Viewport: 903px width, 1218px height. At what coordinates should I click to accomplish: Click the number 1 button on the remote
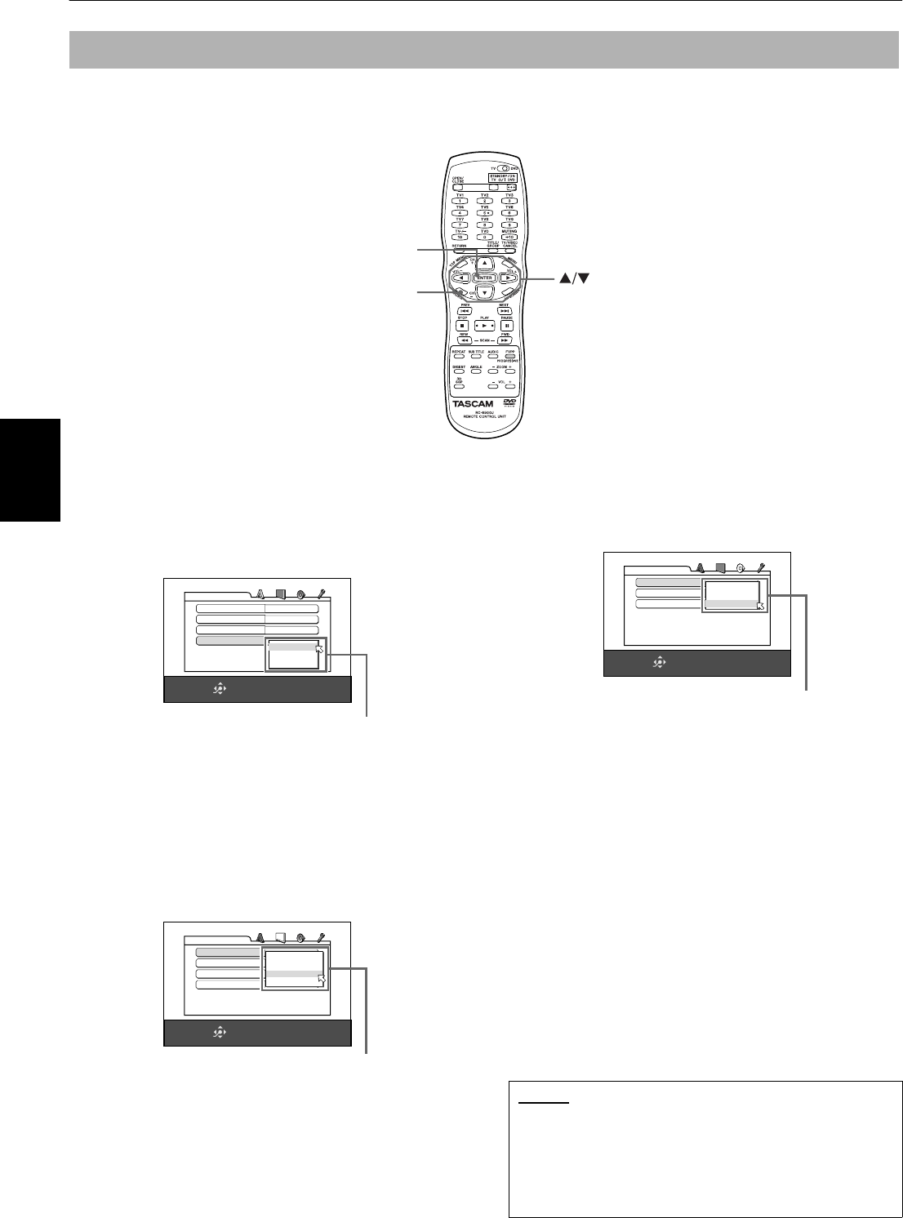click(x=460, y=201)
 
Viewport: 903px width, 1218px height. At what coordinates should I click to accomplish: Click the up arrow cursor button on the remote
click(x=485, y=264)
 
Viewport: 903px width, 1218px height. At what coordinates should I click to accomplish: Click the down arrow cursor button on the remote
click(x=485, y=292)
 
